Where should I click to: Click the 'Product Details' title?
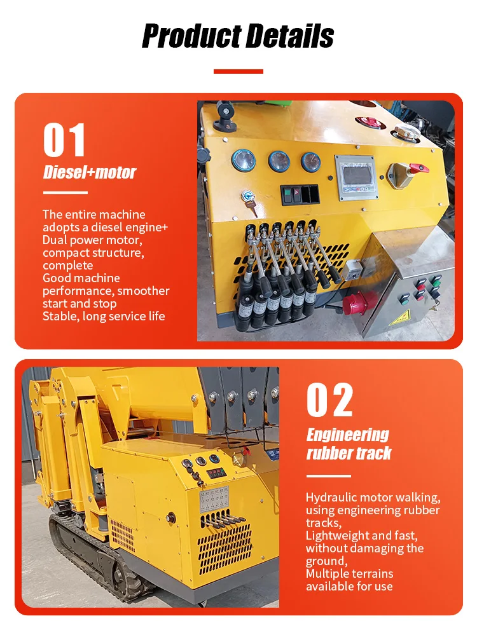pos(238,36)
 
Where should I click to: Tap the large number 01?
pos(64,140)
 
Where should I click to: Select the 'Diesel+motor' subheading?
pos(90,172)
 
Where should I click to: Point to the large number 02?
pos(329,400)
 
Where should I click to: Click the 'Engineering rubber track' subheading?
pos(349,444)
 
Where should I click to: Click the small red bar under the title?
pos(238,71)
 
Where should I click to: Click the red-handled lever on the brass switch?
pos(418,168)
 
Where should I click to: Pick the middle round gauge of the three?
pos(279,161)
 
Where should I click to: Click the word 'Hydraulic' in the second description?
pos(331,498)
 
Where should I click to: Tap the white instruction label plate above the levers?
pos(214,499)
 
